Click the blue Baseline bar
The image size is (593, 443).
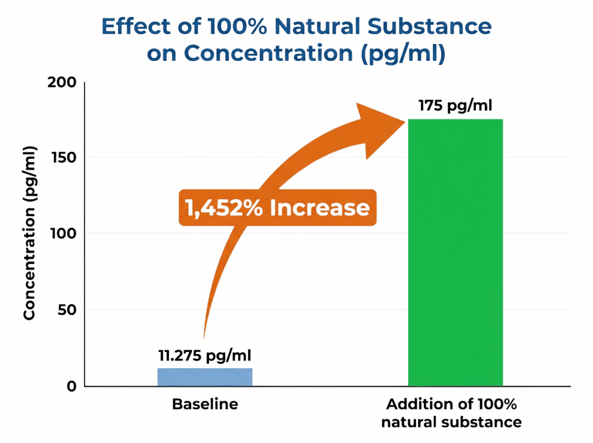(x=205, y=377)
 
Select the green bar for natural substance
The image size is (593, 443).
(x=455, y=252)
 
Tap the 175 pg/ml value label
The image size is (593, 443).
(x=455, y=106)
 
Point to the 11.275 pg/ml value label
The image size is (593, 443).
(x=205, y=355)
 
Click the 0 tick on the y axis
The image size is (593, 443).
(x=71, y=386)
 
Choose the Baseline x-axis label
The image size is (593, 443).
(x=205, y=404)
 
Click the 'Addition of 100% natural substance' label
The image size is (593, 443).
(x=451, y=412)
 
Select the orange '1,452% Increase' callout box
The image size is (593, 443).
(x=277, y=207)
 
